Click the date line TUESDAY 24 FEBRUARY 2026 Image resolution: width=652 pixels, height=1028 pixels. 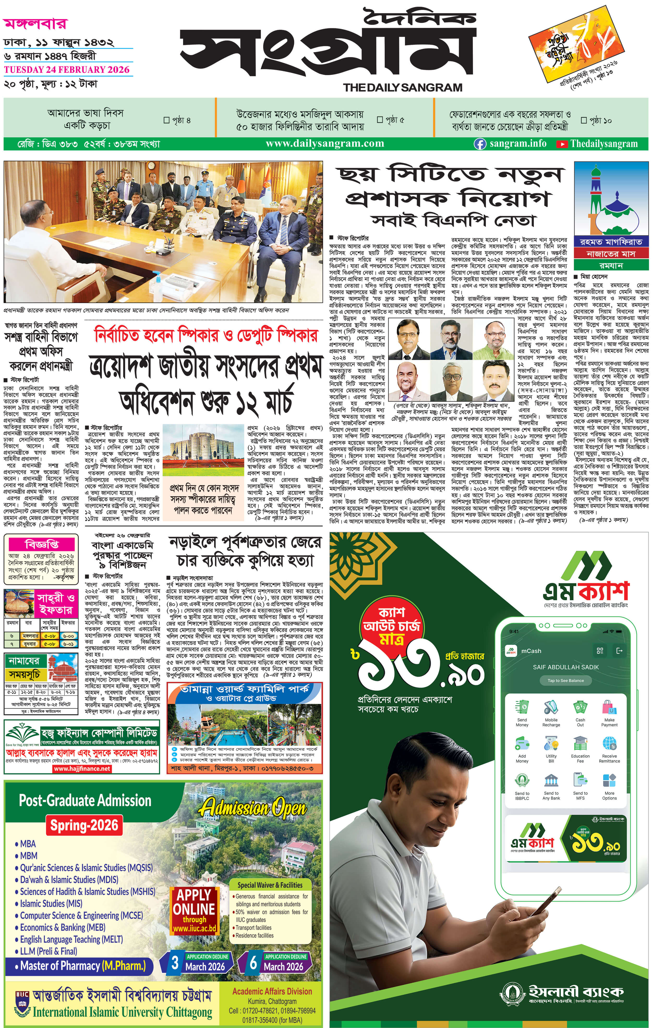(x=67, y=70)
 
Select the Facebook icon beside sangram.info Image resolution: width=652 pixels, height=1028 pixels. (x=480, y=144)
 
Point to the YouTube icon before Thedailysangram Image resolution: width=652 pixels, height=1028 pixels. (x=562, y=144)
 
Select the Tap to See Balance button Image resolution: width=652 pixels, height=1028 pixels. (x=565, y=680)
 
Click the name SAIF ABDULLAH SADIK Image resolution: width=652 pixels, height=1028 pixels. (x=565, y=667)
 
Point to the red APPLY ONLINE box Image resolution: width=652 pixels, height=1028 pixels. (x=194, y=911)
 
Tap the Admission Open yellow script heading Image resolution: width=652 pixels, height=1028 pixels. (x=252, y=808)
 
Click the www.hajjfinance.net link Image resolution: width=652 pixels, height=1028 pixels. (x=82, y=769)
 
